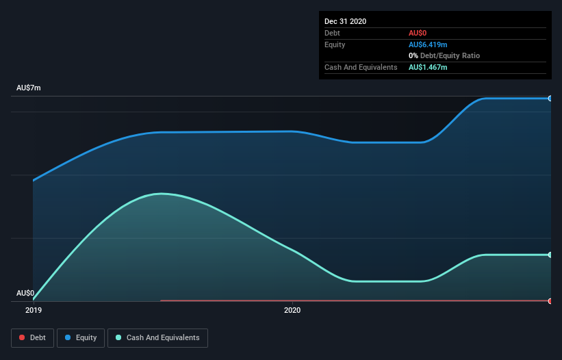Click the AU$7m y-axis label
pyautogui.click(x=29, y=88)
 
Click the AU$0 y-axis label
pyautogui.click(x=25, y=293)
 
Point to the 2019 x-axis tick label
pyautogui.click(x=34, y=311)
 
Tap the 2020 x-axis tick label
pyautogui.click(x=292, y=311)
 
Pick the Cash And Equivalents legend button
pyautogui.click(x=157, y=337)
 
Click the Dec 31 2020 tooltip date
pyautogui.click(x=346, y=21)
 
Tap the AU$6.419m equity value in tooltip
pyautogui.click(x=428, y=44)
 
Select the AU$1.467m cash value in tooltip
pyautogui.click(x=428, y=67)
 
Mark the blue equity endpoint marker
pyautogui.click(x=550, y=99)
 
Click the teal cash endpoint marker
pyautogui.click(x=550, y=255)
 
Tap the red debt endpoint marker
pyautogui.click(x=550, y=300)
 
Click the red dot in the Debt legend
pyautogui.click(x=22, y=337)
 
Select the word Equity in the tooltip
pyautogui.click(x=335, y=44)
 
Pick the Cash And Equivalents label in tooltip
pyautogui.click(x=361, y=67)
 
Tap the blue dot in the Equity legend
pyautogui.click(x=68, y=337)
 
